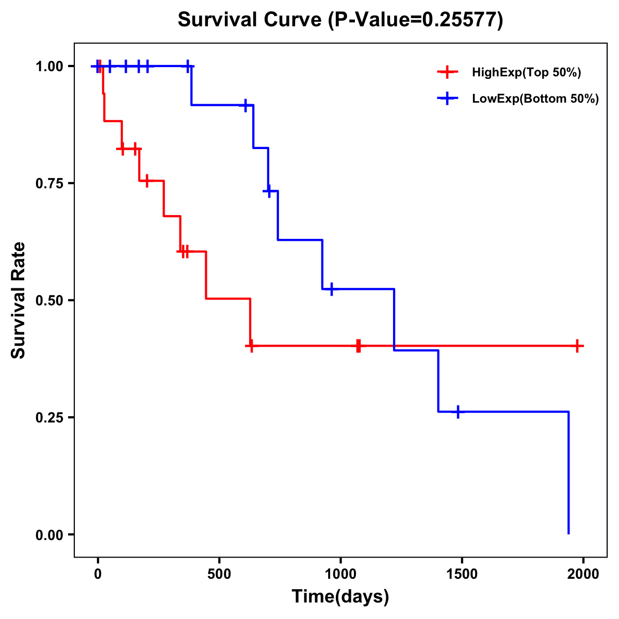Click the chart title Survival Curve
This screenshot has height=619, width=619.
pos(251,20)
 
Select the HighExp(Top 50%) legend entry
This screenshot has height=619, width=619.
pos(526,73)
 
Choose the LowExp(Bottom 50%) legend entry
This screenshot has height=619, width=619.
pos(535,99)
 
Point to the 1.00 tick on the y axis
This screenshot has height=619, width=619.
pos(50,67)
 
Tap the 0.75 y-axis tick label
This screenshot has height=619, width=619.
pos(50,184)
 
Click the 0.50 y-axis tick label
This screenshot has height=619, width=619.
pos(50,301)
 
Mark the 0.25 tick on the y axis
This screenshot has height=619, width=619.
pos(50,417)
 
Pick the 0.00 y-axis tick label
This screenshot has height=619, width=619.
pos(50,534)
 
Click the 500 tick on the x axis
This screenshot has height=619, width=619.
pos(219,574)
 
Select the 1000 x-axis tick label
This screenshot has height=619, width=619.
pos(340,574)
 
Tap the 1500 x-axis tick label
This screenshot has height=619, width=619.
pos(462,574)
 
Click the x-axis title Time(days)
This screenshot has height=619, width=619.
pos(340,597)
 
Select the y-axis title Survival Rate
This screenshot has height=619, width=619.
pos(19,300)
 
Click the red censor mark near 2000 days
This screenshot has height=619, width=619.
pos(578,346)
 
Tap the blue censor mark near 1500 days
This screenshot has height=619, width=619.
pos(458,412)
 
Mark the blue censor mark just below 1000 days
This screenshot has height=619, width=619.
pos(331,289)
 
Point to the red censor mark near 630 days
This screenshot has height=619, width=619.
pos(251,346)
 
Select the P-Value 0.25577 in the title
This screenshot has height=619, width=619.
pos(416,20)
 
